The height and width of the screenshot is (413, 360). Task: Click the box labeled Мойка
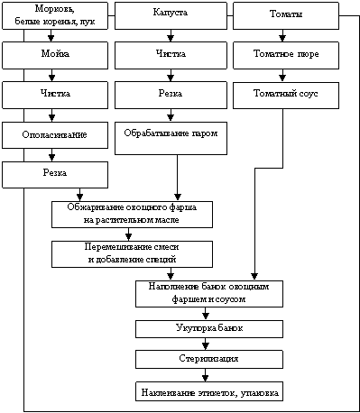pos(55,55)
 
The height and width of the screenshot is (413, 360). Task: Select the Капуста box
pos(171,15)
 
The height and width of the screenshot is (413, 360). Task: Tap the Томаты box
pos(286,15)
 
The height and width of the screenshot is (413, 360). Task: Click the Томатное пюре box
pos(286,55)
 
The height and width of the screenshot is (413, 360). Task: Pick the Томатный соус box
pos(286,96)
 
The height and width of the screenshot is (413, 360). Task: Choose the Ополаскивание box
pos(55,135)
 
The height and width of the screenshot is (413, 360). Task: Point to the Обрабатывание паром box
pos(171,138)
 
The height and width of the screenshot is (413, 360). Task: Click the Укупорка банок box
pos(209,329)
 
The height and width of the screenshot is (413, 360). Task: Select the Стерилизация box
pos(209,360)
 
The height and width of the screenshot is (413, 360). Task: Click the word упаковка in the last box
pos(260,393)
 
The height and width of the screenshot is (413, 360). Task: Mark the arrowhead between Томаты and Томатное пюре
pos(282,38)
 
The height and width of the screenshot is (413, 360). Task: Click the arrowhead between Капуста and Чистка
pos(171,38)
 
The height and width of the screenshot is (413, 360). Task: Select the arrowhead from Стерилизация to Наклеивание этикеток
pos(206,378)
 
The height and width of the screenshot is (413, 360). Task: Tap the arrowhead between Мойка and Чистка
pos(51,78)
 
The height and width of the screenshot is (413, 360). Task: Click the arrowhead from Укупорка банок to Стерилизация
pos(206,347)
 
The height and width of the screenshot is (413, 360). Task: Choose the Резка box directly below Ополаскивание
pos(55,175)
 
